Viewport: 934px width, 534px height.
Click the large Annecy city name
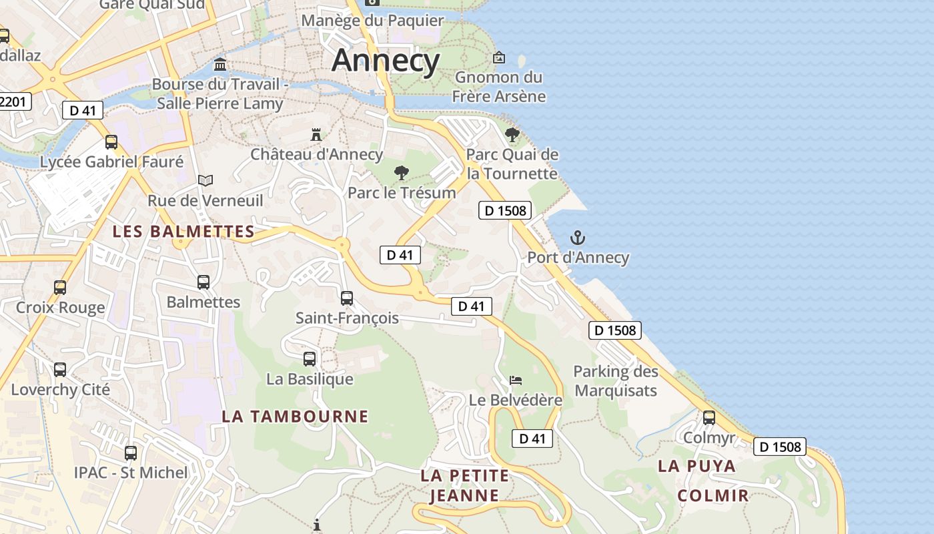(x=386, y=60)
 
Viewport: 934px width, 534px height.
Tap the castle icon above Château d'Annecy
(x=316, y=134)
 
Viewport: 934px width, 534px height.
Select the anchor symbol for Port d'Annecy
(x=578, y=238)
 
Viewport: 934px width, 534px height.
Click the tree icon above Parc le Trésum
(x=401, y=173)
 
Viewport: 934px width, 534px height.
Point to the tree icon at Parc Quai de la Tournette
(x=512, y=135)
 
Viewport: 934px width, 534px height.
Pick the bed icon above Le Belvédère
(x=516, y=380)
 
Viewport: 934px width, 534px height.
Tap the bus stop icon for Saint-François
(x=347, y=298)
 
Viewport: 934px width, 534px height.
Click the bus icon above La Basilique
(x=310, y=359)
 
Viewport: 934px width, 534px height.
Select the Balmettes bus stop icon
(x=203, y=282)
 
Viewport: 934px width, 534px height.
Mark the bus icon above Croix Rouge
(x=60, y=288)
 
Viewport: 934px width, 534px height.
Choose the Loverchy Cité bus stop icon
(x=60, y=370)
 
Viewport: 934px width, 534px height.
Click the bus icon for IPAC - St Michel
(x=131, y=453)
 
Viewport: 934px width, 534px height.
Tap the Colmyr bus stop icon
(x=709, y=418)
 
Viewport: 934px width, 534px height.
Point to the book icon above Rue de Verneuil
(x=205, y=180)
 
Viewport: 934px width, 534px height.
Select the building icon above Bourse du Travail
(x=219, y=65)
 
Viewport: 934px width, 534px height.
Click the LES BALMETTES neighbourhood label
(x=183, y=232)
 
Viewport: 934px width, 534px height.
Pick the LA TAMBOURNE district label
(x=295, y=417)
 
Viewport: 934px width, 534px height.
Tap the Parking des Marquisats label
(x=616, y=381)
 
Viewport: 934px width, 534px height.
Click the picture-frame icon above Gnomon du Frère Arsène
(x=498, y=57)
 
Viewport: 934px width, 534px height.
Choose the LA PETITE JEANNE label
(x=464, y=485)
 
